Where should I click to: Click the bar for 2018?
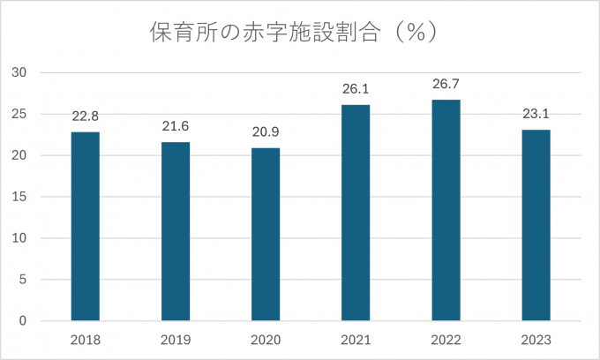tap(86, 226)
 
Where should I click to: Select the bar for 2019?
tap(176, 231)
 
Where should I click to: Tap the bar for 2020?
tap(266, 234)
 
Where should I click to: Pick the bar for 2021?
tap(356, 213)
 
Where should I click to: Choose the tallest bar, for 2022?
tap(446, 210)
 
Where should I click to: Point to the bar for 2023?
tap(536, 225)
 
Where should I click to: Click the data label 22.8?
tap(86, 116)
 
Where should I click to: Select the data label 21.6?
tap(176, 126)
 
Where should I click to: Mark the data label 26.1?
tap(356, 89)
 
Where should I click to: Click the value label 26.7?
tap(446, 84)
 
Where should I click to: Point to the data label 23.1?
tap(536, 114)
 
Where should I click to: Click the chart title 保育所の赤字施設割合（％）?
tap(301, 33)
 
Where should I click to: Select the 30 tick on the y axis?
tap(20, 72)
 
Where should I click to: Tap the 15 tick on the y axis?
tap(20, 197)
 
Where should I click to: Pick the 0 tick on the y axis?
tap(24, 321)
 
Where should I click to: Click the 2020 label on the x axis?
tap(266, 340)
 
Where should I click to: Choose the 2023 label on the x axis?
tap(536, 340)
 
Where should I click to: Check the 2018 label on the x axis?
tap(86, 340)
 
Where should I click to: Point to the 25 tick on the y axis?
tap(20, 114)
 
